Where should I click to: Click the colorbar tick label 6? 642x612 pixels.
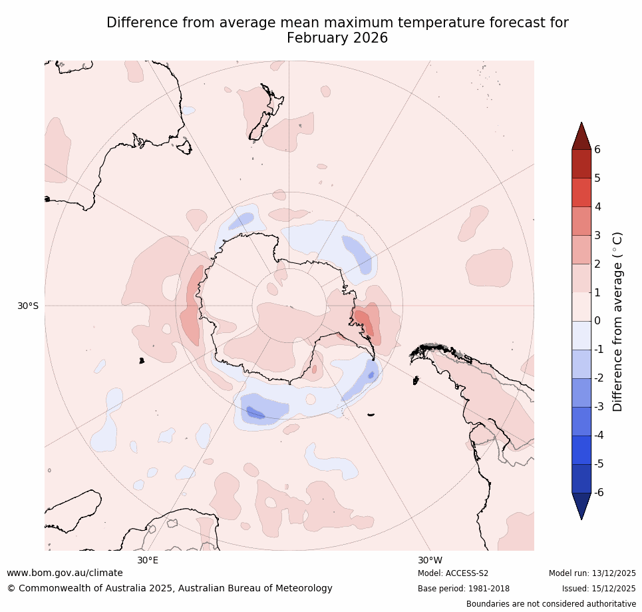(597, 149)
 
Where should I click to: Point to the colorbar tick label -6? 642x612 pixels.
(599, 492)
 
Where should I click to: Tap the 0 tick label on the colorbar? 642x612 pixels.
(597, 320)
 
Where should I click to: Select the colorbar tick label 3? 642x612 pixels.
(597, 235)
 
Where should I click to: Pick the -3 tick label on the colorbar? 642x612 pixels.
(599, 406)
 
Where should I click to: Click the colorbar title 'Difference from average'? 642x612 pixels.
(617, 322)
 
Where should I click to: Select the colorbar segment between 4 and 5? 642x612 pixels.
(581, 192)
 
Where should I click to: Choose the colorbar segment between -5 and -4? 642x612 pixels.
(581, 450)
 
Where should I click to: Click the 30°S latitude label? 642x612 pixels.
(28, 306)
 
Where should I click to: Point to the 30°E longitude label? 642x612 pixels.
(148, 560)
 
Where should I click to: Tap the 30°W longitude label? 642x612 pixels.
(430, 560)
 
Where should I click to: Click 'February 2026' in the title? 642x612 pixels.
(337, 38)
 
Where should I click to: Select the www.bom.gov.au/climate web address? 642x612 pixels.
(65, 573)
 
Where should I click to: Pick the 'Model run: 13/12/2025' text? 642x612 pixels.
(592, 573)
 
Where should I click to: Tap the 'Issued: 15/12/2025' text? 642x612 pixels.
(599, 589)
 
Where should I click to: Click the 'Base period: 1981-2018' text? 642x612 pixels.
(464, 589)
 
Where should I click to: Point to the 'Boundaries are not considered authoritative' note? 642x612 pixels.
(551, 604)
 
